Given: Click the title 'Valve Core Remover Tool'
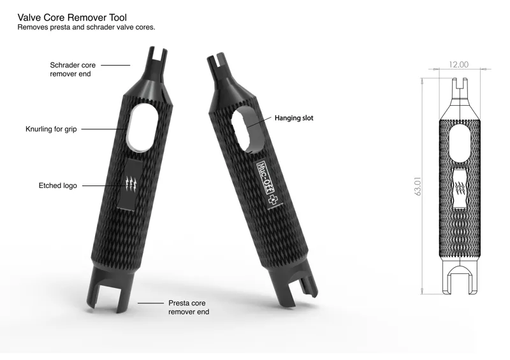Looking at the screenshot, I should point(73,18).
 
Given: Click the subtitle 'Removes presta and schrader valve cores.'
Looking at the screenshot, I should point(87,28).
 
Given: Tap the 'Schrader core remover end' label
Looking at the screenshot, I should point(70,69).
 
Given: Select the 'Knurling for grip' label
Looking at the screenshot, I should point(51,129).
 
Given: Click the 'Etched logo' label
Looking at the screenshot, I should point(58,185).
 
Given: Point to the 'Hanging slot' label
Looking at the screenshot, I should point(294,118).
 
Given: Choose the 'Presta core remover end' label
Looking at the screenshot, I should point(189,308).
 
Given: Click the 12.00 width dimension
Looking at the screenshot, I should point(458,64).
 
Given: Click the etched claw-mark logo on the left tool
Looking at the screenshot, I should point(133,185).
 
